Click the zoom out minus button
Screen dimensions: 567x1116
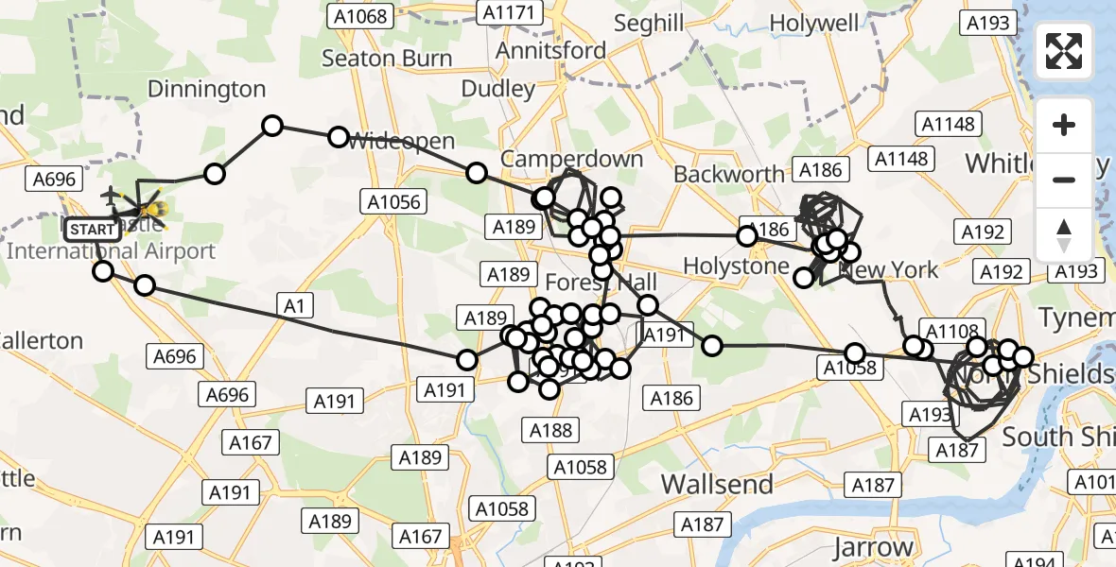point(1064,180)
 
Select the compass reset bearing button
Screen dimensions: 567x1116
point(1064,234)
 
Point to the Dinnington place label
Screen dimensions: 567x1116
point(207,90)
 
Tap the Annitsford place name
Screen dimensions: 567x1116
point(550,49)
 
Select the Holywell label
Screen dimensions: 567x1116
point(814,23)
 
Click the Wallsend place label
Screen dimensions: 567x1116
point(717,485)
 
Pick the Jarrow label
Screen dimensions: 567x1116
point(875,547)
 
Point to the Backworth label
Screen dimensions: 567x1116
point(728,174)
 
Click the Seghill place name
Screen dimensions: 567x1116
point(649,23)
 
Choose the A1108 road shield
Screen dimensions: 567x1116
point(951,331)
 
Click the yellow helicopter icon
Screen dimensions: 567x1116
point(151,210)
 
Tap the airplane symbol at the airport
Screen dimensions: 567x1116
point(111,196)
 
